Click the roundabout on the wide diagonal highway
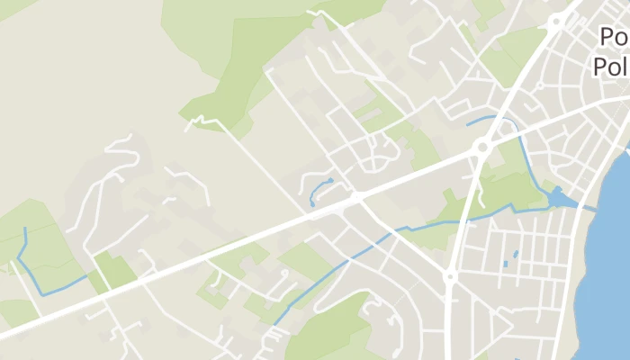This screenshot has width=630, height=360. (481, 146)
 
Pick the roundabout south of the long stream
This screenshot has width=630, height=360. (450, 277)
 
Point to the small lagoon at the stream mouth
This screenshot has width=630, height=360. (559, 197)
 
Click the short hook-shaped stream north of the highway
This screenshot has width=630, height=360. (317, 193)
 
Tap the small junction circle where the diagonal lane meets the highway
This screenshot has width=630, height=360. (356, 195)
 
